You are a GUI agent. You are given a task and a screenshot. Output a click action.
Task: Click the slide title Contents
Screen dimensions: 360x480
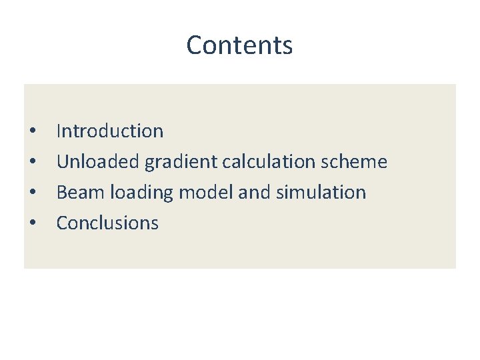(x=239, y=45)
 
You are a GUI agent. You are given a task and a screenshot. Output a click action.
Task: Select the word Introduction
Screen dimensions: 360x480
(x=110, y=131)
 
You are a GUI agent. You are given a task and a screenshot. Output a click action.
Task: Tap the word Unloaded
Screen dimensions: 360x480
(x=99, y=162)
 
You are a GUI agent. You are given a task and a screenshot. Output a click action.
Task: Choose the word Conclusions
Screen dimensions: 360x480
(x=107, y=223)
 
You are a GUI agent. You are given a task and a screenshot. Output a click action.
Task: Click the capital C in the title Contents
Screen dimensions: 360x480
(x=194, y=45)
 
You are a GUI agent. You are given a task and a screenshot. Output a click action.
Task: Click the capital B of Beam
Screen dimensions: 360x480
(x=62, y=193)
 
